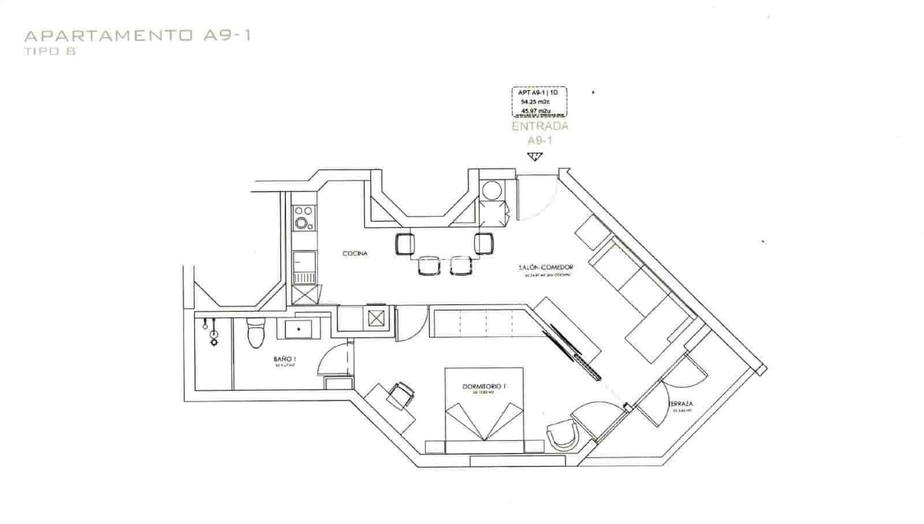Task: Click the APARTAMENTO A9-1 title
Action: [x=137, y=36]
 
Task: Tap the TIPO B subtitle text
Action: [x=50, y=51]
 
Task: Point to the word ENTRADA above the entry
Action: [x=540, y=126]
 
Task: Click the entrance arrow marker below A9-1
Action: [x=535, y=156]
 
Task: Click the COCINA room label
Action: [x=355, y=254]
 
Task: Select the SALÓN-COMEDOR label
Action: [x=546, y=267]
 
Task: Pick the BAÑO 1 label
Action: [x=285, y=359]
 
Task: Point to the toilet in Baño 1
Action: [x=255, y=333]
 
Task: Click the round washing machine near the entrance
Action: [x=491, y=189]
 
